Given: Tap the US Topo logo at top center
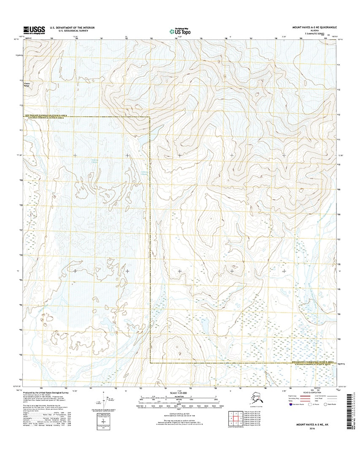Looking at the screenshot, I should point(180,30).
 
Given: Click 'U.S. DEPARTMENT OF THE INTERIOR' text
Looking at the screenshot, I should point(72,27).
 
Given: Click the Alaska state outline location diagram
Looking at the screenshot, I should point(256,399).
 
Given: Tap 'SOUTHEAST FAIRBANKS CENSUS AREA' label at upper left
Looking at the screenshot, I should point(45,115).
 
